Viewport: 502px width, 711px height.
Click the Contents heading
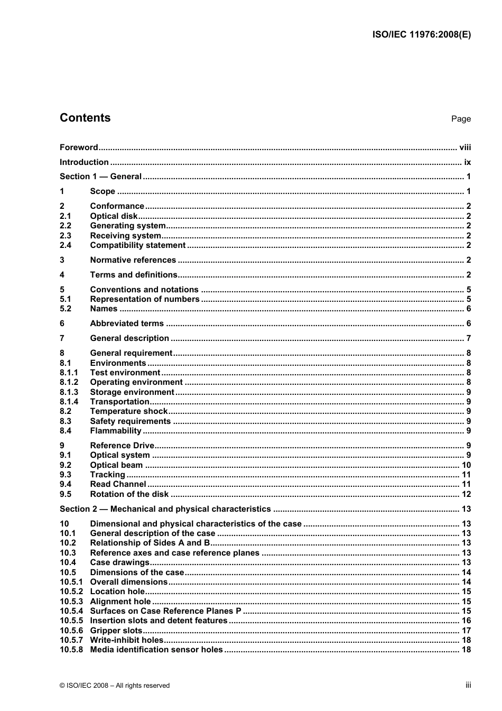tap(85, 118)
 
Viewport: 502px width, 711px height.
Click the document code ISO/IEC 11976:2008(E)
tap(421, 35)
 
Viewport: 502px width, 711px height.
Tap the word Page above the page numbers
tap(461, 119)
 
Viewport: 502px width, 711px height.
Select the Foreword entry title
tap(79, 147)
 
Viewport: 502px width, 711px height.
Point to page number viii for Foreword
tap(465, 147)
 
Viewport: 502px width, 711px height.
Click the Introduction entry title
tap(84, 162)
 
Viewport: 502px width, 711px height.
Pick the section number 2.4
tap(66, 245)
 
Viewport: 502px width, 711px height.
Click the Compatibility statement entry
tap(138, 245)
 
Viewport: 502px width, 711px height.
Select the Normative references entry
tap(133, 260)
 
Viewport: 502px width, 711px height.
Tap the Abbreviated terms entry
tap(127, 324)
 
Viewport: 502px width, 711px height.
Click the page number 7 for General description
tap(468, 338)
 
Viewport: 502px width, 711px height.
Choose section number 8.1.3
tap(69, 392)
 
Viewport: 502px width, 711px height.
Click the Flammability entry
tap(116, 431)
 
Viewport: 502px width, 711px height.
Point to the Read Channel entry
tap(118, 484)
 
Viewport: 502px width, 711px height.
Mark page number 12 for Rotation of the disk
tap(466, 494)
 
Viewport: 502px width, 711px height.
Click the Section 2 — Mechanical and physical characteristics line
tap(165, 509)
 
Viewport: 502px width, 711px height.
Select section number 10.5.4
tap(71, 611)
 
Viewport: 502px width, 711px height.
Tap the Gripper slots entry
tap(116, 631)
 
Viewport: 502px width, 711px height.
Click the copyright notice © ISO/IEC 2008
tap(115, 686)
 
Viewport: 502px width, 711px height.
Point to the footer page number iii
tap(468, 685)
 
